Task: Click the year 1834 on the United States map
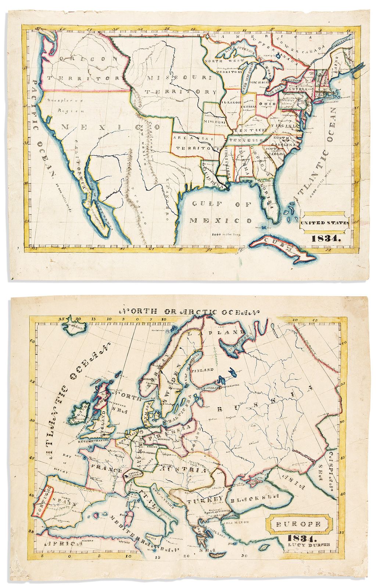click(x=326, y=238)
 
